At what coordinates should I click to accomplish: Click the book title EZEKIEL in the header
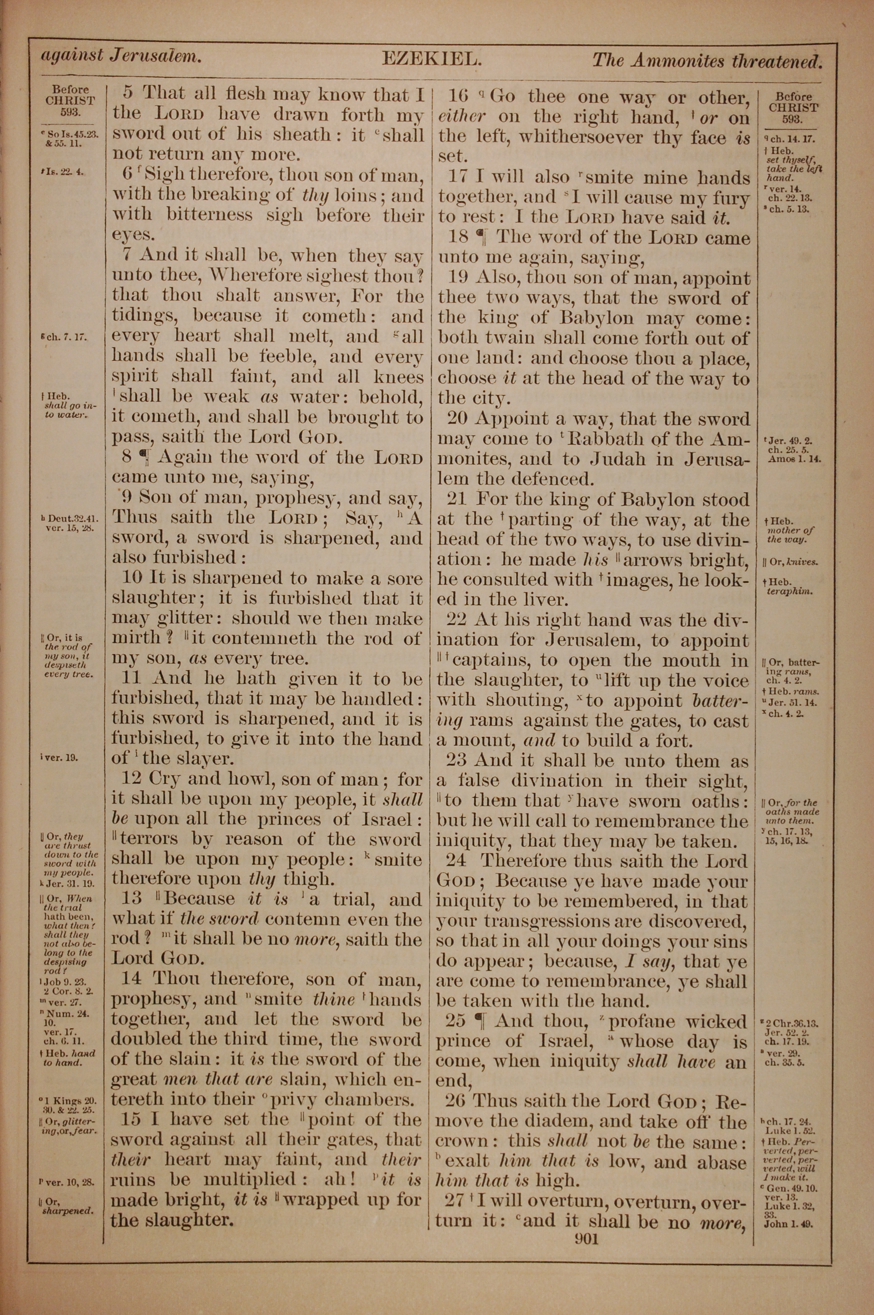pos(431,59)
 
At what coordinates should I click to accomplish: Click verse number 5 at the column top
pos(128,93)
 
